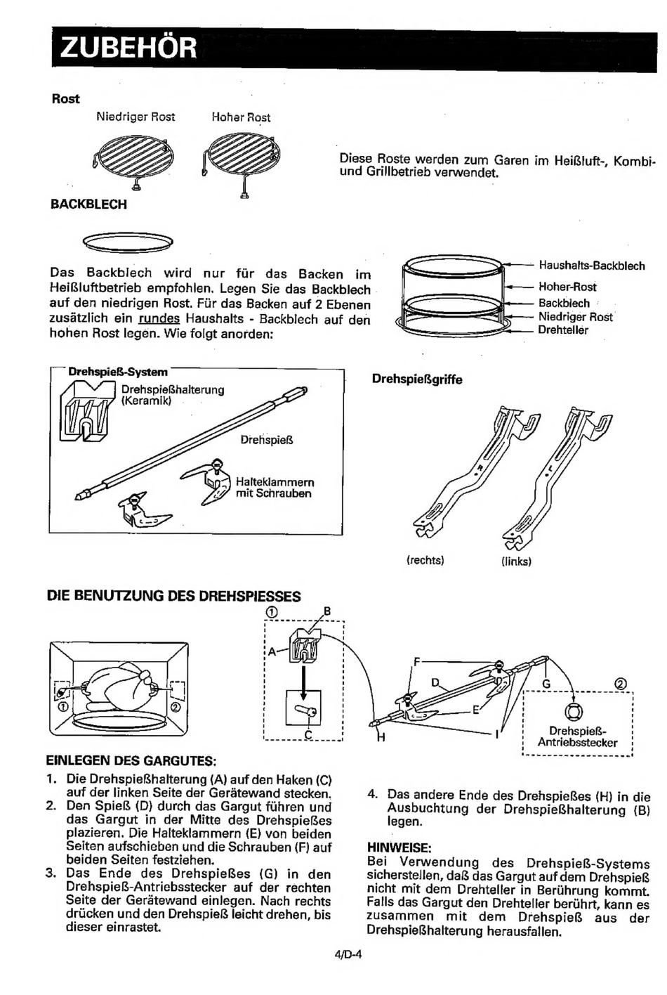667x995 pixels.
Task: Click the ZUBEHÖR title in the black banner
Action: tap(128, 48)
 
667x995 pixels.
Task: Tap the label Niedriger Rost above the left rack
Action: tap(136, 117)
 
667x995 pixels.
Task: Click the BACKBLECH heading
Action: tap(88, 204)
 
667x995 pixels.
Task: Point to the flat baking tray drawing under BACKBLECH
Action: tap(128, 242)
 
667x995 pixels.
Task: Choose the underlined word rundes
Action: tap(159, 318)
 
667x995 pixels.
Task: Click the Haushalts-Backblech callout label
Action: tap(592, 266)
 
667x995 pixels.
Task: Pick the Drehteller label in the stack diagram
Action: tap(563, 330)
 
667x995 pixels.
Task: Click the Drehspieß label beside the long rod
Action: tap(267, 440)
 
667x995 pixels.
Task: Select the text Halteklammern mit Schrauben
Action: tap(275, 488)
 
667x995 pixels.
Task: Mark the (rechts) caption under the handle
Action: tap(425, 560)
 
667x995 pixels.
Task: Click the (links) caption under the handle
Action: tap(516, 561)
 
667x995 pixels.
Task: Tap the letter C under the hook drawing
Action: tap(308, 735)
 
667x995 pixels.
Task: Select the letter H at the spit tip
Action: tap(381, 738)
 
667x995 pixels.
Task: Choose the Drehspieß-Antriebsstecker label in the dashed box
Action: tap(577, 736)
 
